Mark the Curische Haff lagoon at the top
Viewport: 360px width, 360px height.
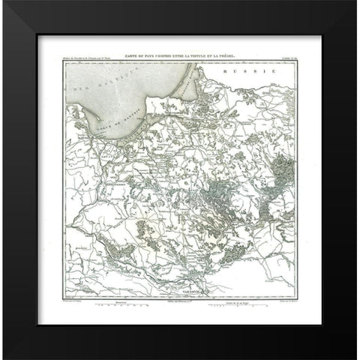click(x=197, y=75)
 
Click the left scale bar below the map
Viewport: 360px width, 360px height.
click(x=124, y=306)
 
